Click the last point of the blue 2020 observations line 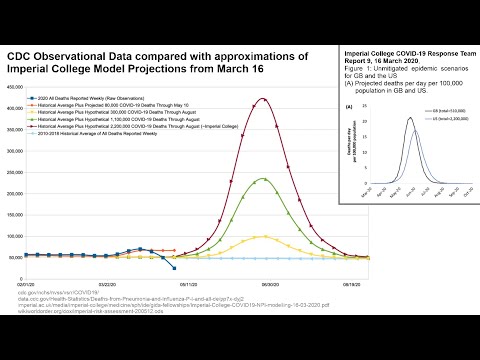(175, 268)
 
